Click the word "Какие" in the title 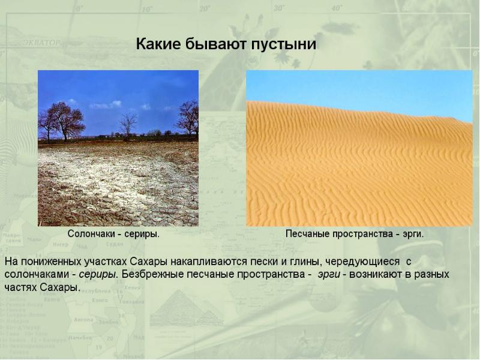point(158,44)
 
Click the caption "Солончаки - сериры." point(113,234)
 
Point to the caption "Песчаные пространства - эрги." point(355,234)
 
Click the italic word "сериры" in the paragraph point(97,274)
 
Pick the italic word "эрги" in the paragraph point(329,274)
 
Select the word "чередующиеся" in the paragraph point(362,262)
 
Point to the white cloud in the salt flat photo point(106,105)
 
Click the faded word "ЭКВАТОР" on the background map point(41,42)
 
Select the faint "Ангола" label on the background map point(83,320)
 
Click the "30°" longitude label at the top point(279,8)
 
